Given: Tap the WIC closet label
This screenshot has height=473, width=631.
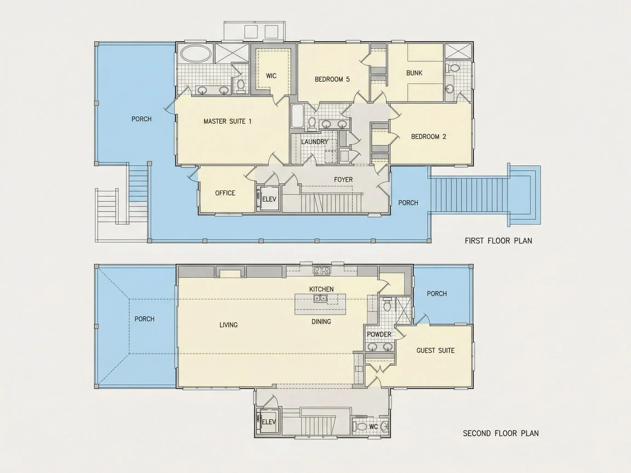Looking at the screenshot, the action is [x=271, y=76].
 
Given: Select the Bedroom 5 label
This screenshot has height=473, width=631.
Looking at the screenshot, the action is [x=332, y=79].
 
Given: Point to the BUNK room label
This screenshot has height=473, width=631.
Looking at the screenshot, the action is [x=414, y=73].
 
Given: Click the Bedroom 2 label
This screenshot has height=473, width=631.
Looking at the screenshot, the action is [x=428, y=137].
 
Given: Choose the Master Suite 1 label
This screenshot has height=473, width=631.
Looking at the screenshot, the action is [x=227, y=122].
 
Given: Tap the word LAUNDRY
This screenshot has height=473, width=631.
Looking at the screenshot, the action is [x=315, y=142].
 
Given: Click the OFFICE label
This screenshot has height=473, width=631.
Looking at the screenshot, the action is [x=225, y=193].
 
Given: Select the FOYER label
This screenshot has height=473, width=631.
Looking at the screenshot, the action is [x=343, y=180].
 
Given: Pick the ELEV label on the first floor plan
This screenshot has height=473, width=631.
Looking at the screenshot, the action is [x=269, y=199].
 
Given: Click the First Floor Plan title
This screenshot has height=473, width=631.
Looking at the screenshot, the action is [x=498, y=241].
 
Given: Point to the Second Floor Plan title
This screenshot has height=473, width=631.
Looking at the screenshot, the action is [x=501, y=433].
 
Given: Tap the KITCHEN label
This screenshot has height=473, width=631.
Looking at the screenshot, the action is [x=321, y=289].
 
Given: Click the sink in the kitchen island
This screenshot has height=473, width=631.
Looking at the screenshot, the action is [x=321, y=298].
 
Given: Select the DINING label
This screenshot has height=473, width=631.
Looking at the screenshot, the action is [x=321, y=322].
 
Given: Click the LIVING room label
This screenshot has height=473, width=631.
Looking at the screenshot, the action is [x=228, y=325].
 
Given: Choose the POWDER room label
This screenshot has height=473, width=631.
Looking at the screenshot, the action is [x=379, y=334].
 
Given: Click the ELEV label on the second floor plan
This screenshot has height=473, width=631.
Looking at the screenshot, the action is [x=269, y=422].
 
